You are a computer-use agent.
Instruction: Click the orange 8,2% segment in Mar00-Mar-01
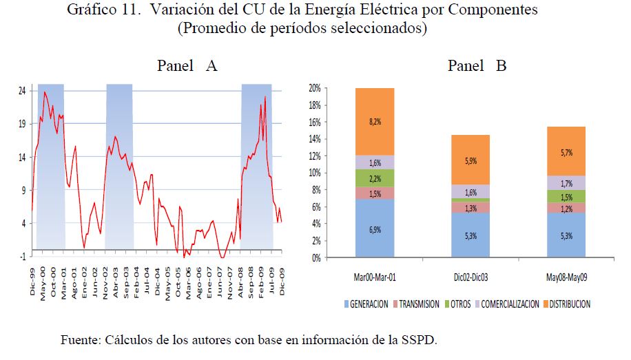[x=374, y=121]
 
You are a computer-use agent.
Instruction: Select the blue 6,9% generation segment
[x=374, y=229]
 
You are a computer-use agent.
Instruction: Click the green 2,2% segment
[x=374, y=178]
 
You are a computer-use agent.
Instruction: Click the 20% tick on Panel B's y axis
[x=314, y=89]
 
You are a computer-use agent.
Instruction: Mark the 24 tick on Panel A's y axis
[x=22, y=91]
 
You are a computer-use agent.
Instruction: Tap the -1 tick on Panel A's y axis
[x=22, y=256]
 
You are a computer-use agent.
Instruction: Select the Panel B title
[x=477, y=66]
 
